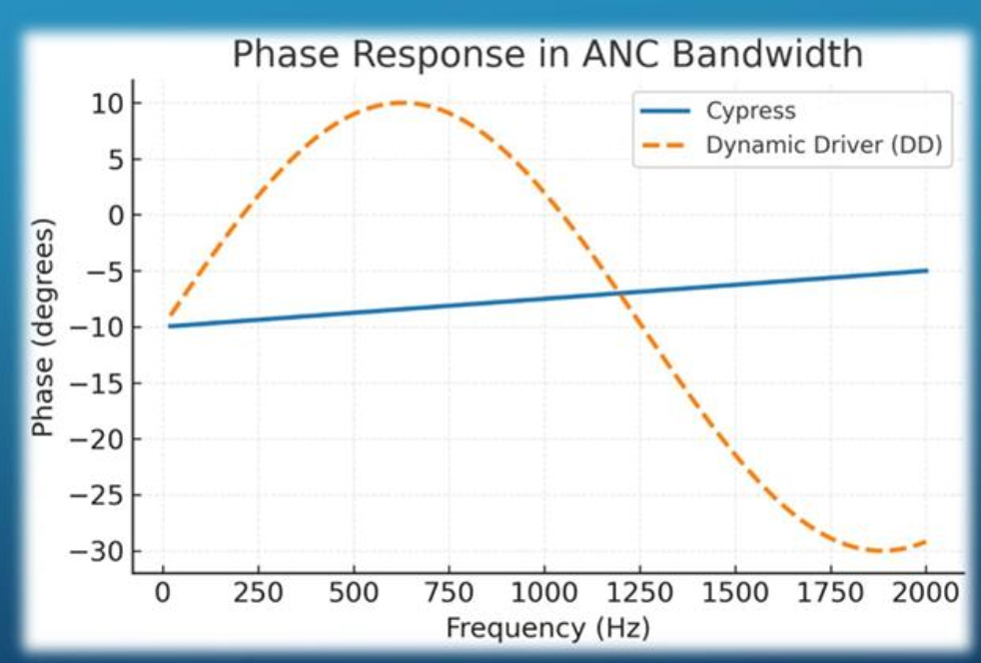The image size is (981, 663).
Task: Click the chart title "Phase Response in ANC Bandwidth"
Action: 547,54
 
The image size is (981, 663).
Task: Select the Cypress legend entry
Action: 750,111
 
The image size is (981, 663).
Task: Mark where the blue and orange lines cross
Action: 619,291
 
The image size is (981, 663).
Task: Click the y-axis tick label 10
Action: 103,104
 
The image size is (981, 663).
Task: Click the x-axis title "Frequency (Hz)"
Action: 547,629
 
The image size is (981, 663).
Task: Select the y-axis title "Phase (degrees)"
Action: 42,328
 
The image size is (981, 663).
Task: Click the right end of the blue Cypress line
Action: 926,271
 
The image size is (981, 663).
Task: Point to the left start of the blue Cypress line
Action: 170,326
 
